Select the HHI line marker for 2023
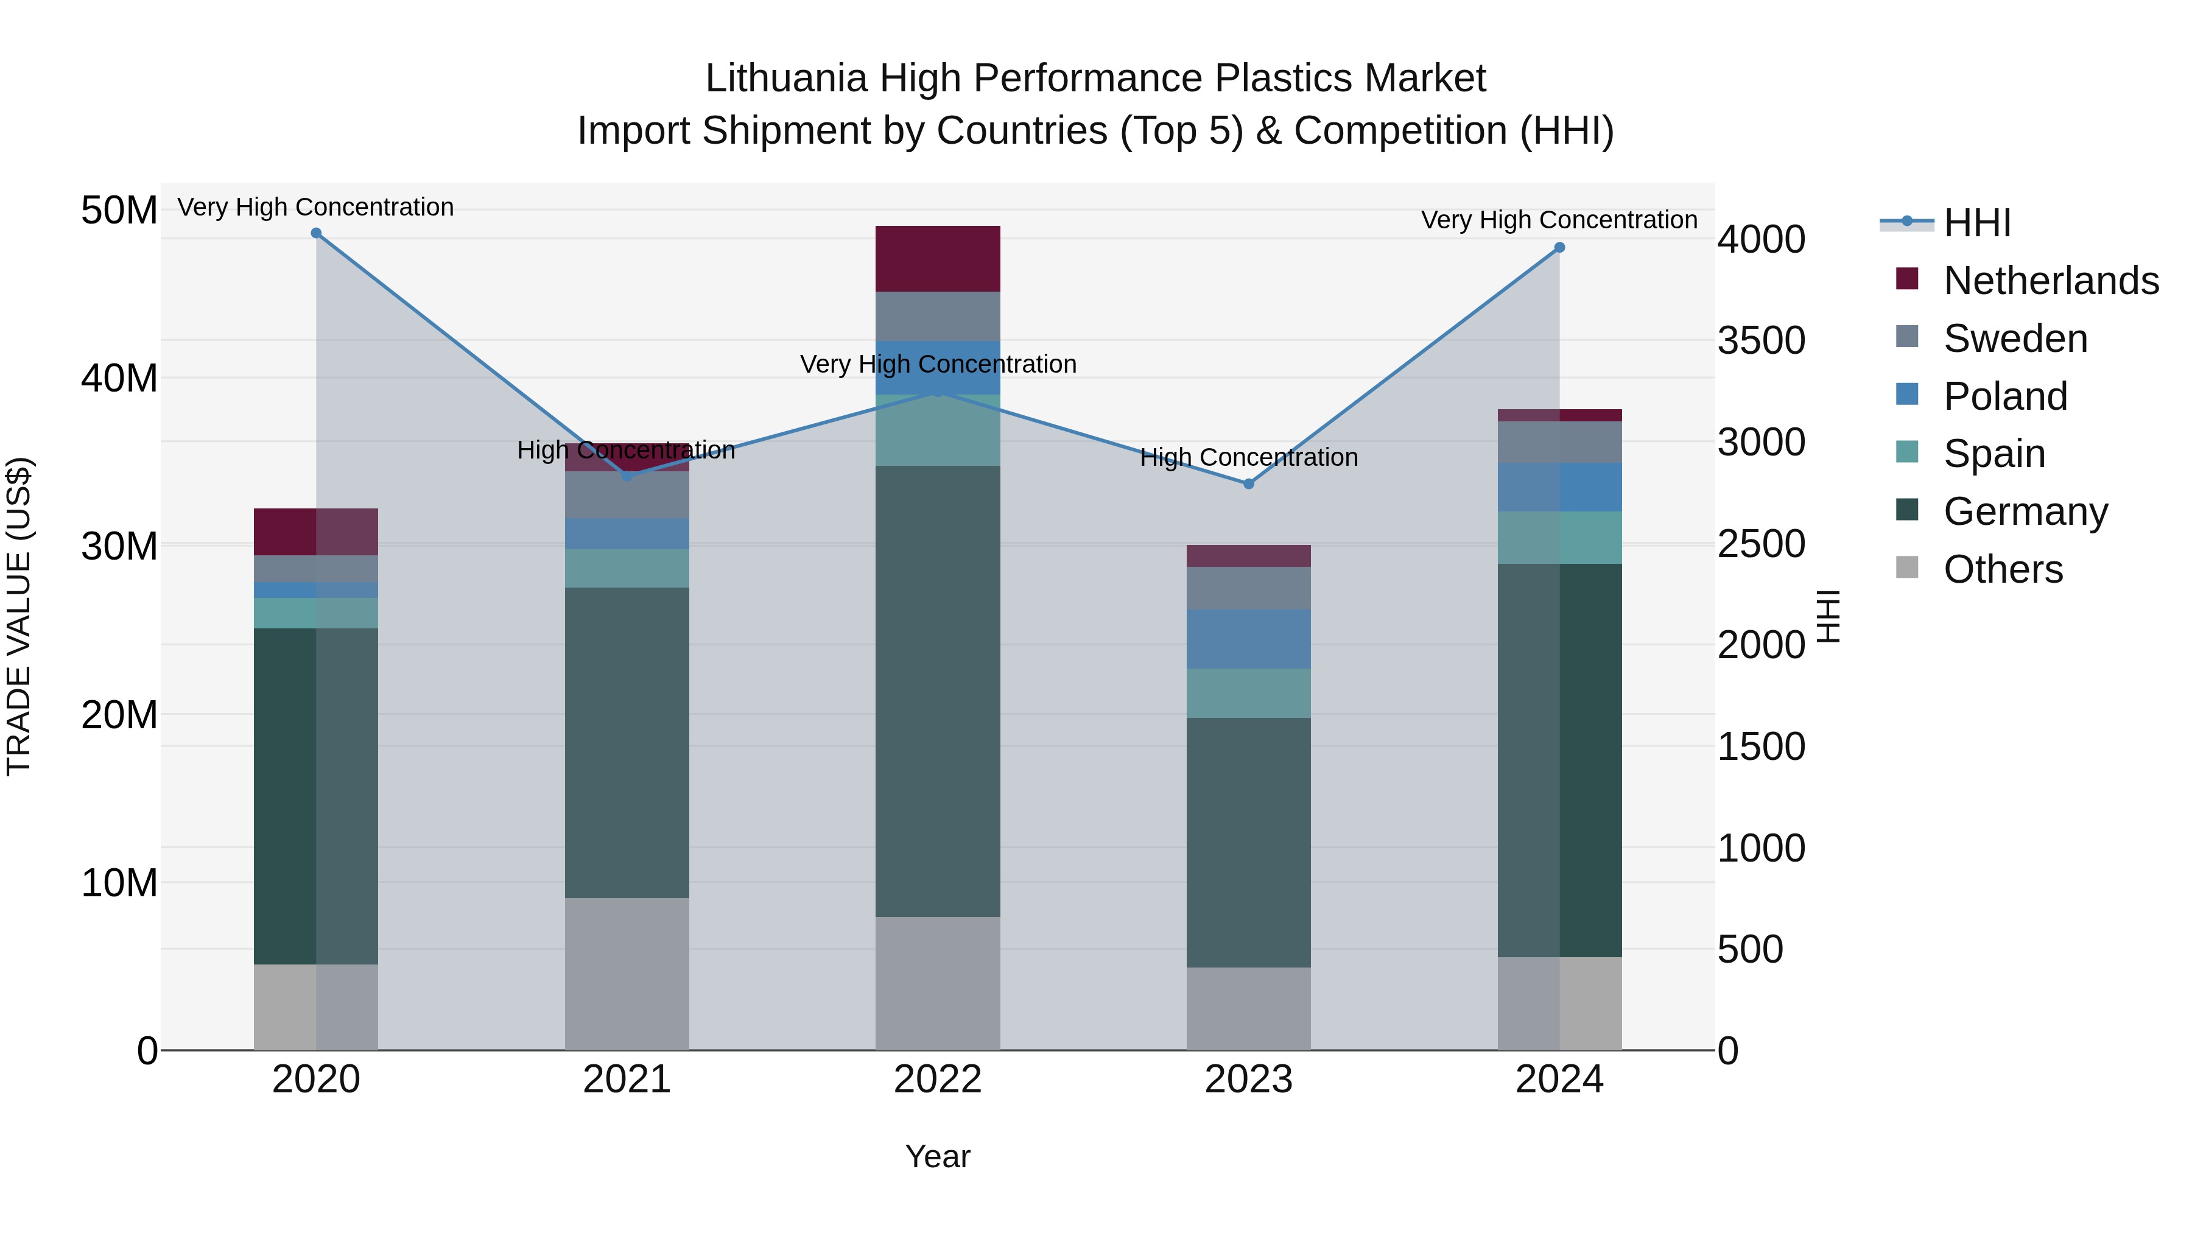[x=1248, y=484]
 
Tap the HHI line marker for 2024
[x=1559, y=248]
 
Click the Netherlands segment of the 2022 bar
[x=938, y=259]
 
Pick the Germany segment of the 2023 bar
[x=1248, y=843]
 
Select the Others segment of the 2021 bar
[x=627, y=974]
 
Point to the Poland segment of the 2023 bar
[x=1248, y=638]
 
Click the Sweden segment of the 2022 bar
[x=938, y=317]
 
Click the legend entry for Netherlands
[x=2051, y=280]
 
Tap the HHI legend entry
[x=1976, y=223]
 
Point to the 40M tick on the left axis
[x=119, y=378]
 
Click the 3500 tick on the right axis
[x=1760, y=340]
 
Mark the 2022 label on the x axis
[x=938, y=1080]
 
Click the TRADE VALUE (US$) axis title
[x=19, y=616]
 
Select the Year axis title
[x=938, y=1156]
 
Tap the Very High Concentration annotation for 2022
[x=938, y=364]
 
